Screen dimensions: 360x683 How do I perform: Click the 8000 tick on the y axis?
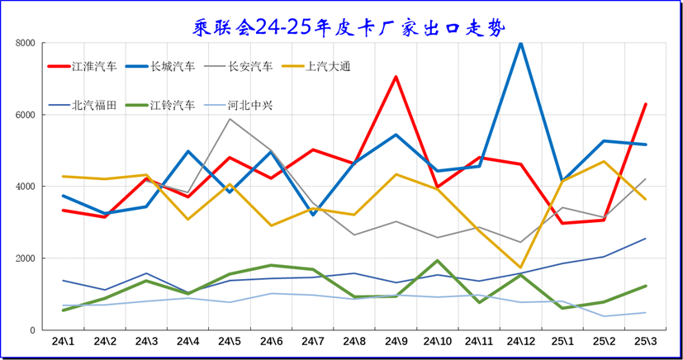[x=25, y=43]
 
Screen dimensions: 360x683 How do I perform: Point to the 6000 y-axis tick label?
[x=25, y=115]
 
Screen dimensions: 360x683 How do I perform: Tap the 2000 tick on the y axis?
[x=25, y=258]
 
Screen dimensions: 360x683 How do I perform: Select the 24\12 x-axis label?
[x=521, y=341]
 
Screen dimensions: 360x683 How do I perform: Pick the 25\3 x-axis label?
[x=646, y=341]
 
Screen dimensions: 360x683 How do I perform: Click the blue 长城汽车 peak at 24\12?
[x=521, y=43]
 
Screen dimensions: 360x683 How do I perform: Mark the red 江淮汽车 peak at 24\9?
[x=396, y=77]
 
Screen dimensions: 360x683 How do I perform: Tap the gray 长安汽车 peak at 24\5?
[x=230, y=119]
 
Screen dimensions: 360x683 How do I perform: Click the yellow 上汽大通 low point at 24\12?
[x=521, y=268]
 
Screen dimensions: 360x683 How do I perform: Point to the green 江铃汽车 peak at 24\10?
[x=438, y=261]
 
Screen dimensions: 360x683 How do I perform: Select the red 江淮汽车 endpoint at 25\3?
[x=646, y=104]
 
